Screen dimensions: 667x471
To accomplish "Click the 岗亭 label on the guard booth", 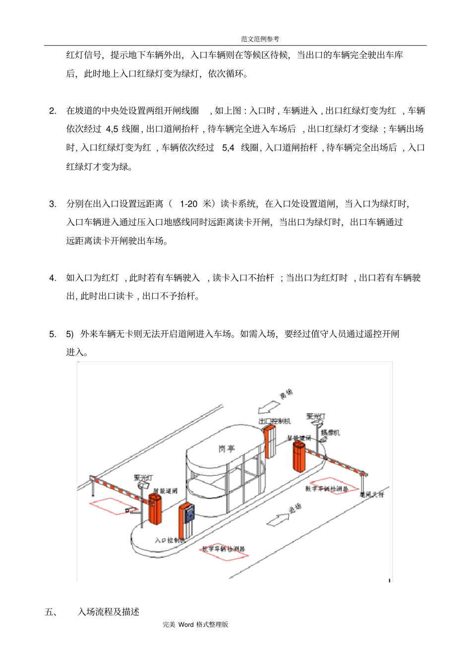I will point(226,449).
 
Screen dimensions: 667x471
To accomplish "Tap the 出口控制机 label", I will point(275,421).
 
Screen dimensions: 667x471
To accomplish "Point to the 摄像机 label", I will point(330,433).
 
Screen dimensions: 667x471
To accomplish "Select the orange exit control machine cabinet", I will point(270,441).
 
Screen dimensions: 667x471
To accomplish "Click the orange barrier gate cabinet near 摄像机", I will point(299,456).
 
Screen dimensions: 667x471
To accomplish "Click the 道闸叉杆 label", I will point(371,494).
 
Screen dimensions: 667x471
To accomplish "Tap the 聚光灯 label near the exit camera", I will point(316,417).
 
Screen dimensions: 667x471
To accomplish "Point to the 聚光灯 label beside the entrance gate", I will point(143,478).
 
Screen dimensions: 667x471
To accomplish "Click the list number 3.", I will point(53,204).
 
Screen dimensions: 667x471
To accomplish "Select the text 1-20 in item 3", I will point(188,204).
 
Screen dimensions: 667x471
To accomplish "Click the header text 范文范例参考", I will point(260,39).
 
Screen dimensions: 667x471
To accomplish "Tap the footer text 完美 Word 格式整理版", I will point(195,624).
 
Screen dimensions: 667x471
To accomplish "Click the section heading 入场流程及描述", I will point(109,612).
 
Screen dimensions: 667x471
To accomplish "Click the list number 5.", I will point(53,334).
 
